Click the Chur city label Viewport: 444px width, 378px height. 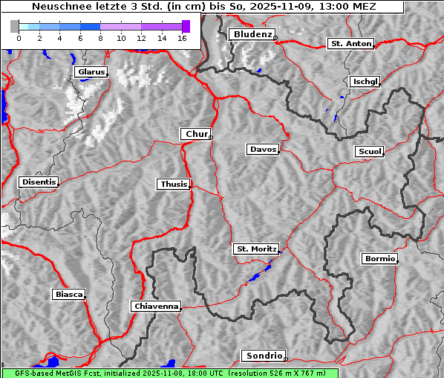(x=196, y=134)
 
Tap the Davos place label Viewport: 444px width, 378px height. (x=262, y=150)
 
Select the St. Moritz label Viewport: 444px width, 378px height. (x=255, y=249)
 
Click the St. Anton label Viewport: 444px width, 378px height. (x=350, y=44)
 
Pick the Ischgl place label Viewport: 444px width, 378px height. (x=365, y=81)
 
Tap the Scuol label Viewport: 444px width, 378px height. (x=369, y=152)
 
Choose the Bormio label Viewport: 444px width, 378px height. (x=379, y=259)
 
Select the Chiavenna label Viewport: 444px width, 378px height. (x=156, y=306)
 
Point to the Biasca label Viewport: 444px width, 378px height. (x=68, y=295)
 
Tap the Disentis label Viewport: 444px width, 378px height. (x=38, y=182)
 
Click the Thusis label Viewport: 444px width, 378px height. (x=174, y=184)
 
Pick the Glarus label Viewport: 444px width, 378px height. (x=91, y=72)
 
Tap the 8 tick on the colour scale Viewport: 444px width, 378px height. (x=100, y=37)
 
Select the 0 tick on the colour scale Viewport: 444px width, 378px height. (x=19, y=37)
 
